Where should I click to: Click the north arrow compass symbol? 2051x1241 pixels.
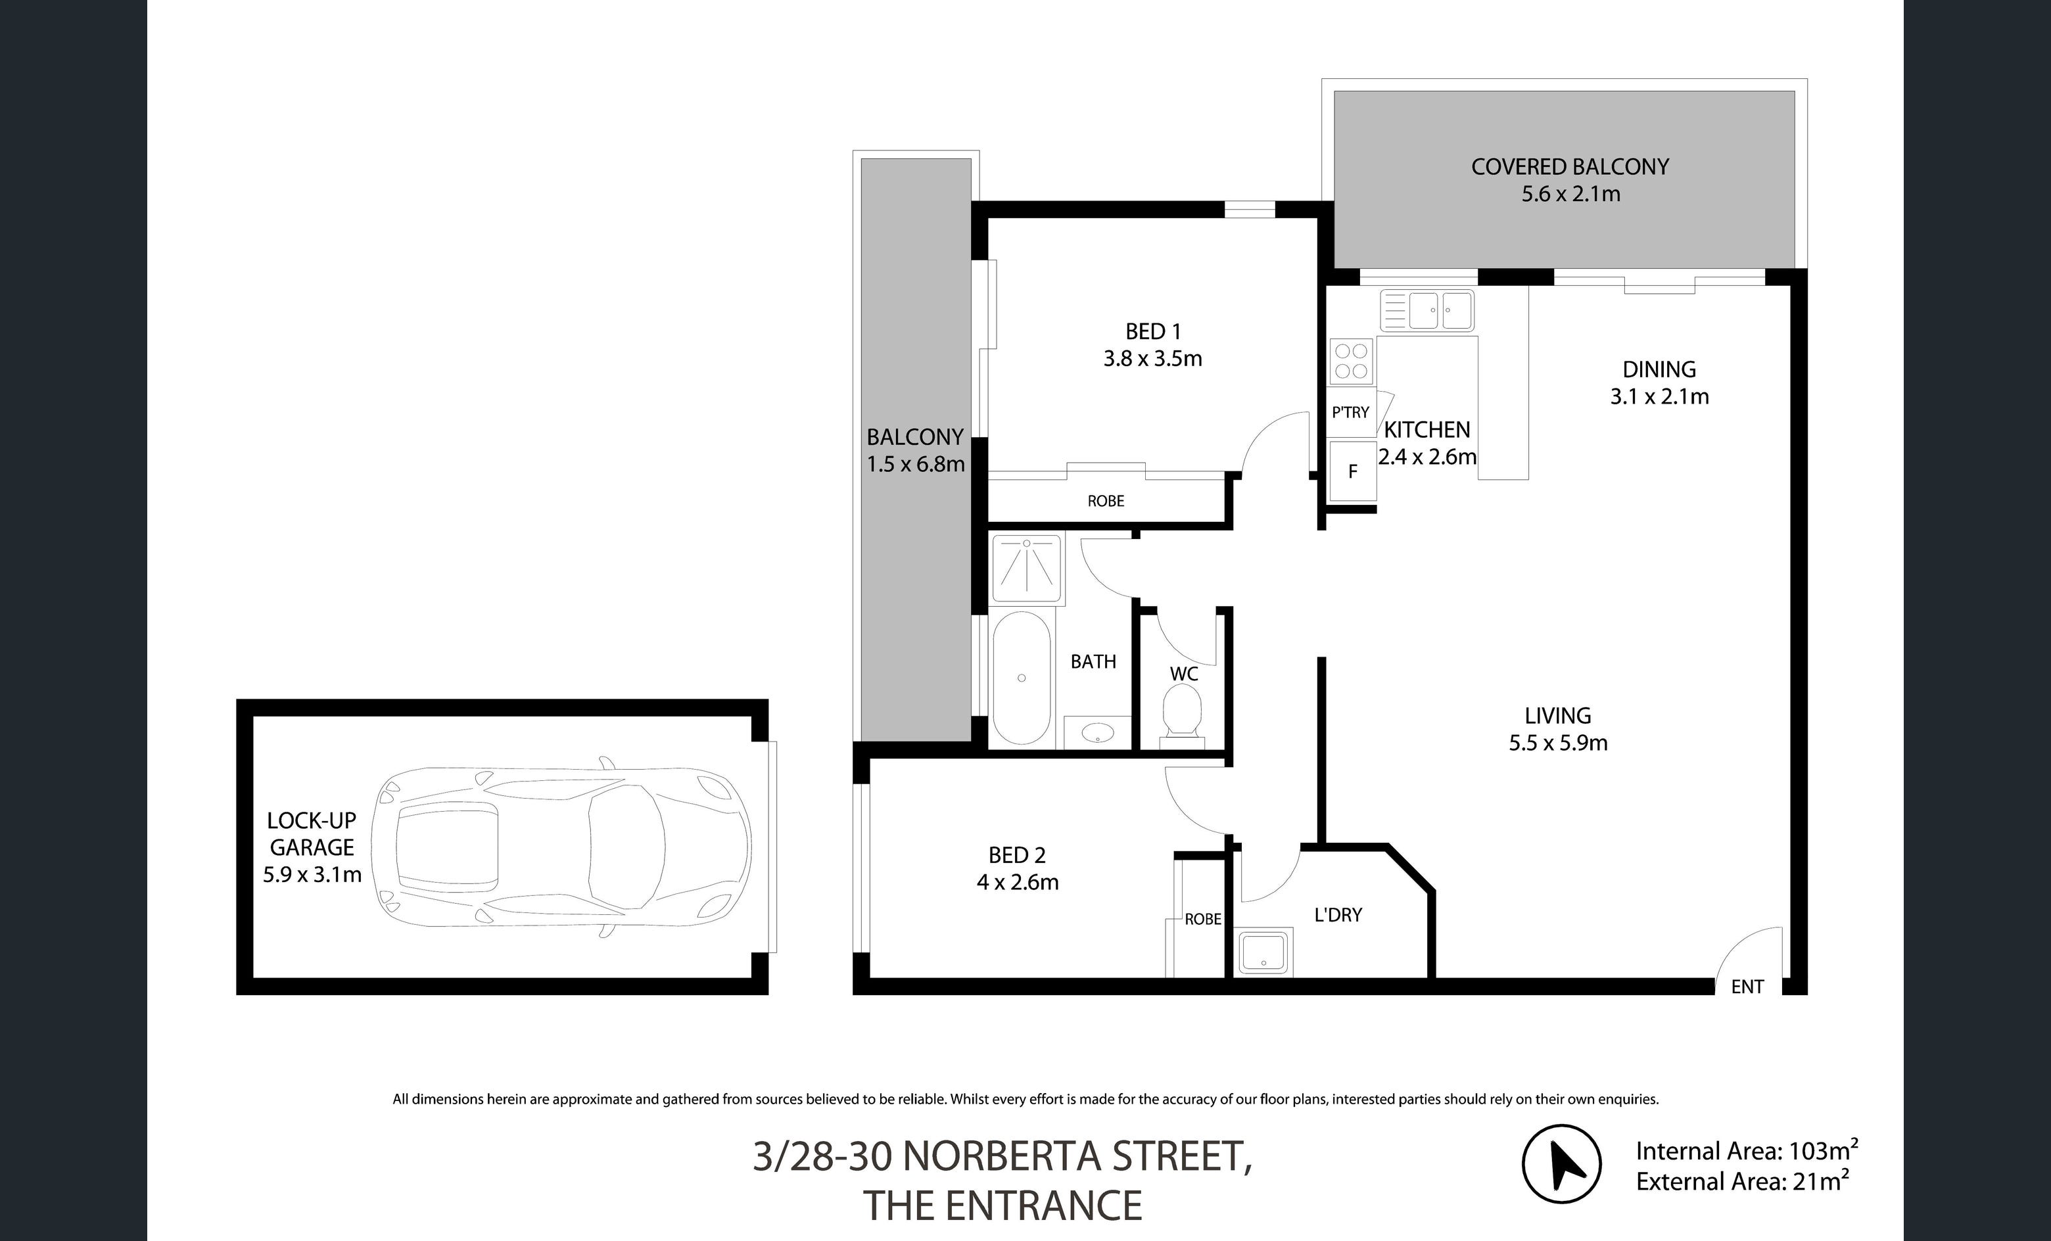1561,1163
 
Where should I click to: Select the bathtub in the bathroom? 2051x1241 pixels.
1022,678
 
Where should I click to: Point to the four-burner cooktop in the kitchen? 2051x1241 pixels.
1351,360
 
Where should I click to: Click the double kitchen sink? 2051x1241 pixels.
1426,310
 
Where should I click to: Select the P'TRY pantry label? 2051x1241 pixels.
1350,412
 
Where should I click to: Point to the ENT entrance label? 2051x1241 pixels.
1747,987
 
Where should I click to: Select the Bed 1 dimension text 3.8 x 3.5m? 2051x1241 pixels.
1153,359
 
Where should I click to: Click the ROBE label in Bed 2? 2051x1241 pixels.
1203,919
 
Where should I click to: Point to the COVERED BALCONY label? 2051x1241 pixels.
1570,166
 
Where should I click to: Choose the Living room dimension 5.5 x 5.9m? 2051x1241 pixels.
1557,743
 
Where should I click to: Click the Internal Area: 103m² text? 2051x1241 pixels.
1747,1151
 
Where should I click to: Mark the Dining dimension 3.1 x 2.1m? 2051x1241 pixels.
1659,396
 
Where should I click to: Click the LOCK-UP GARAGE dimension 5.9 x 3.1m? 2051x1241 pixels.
312,875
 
